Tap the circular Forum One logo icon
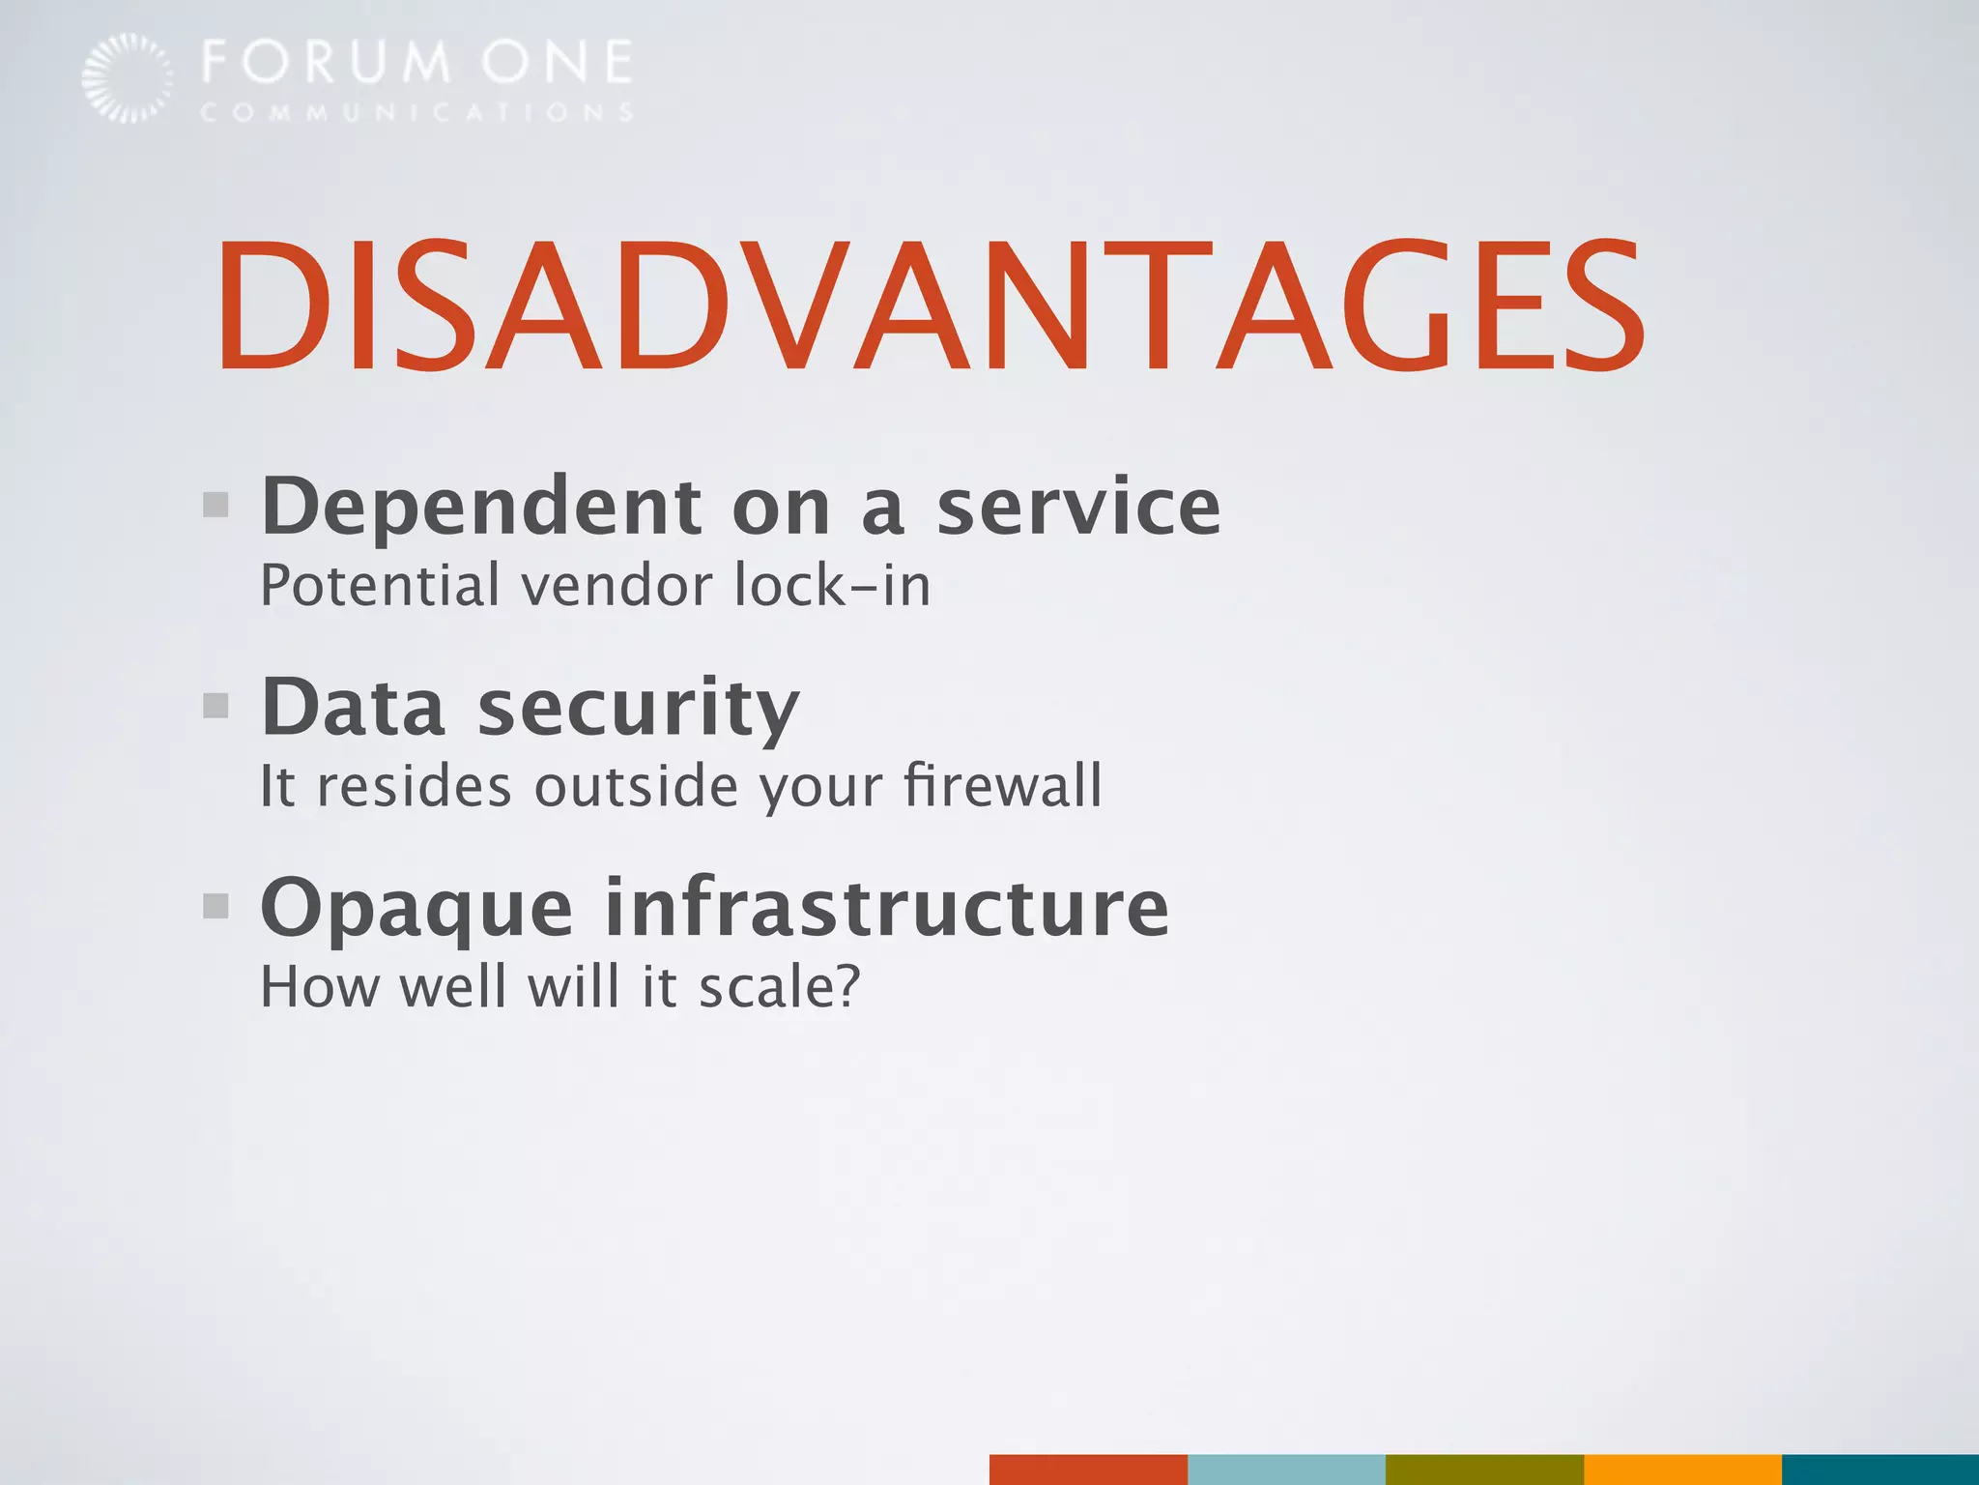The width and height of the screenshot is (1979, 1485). coord(128,77)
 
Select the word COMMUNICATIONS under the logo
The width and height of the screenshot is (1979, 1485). coord(416,113)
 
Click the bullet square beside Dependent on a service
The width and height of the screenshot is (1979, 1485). coord(215,505)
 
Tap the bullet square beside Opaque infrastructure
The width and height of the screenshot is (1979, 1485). coord(215,906)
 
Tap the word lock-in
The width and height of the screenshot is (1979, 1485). coord(832,586)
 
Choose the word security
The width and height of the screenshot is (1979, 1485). coord(639,710)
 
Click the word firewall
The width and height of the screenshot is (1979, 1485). coord(1002,785)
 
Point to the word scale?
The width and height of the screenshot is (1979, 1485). coord(779,987)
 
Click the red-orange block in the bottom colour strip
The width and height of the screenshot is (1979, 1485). coord(1088,1470)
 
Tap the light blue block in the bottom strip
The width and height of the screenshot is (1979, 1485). coord(1286,1470)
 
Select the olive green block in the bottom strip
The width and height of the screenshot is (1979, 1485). coord(1484,1470)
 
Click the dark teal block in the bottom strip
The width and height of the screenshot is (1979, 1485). coord(1880,1470)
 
